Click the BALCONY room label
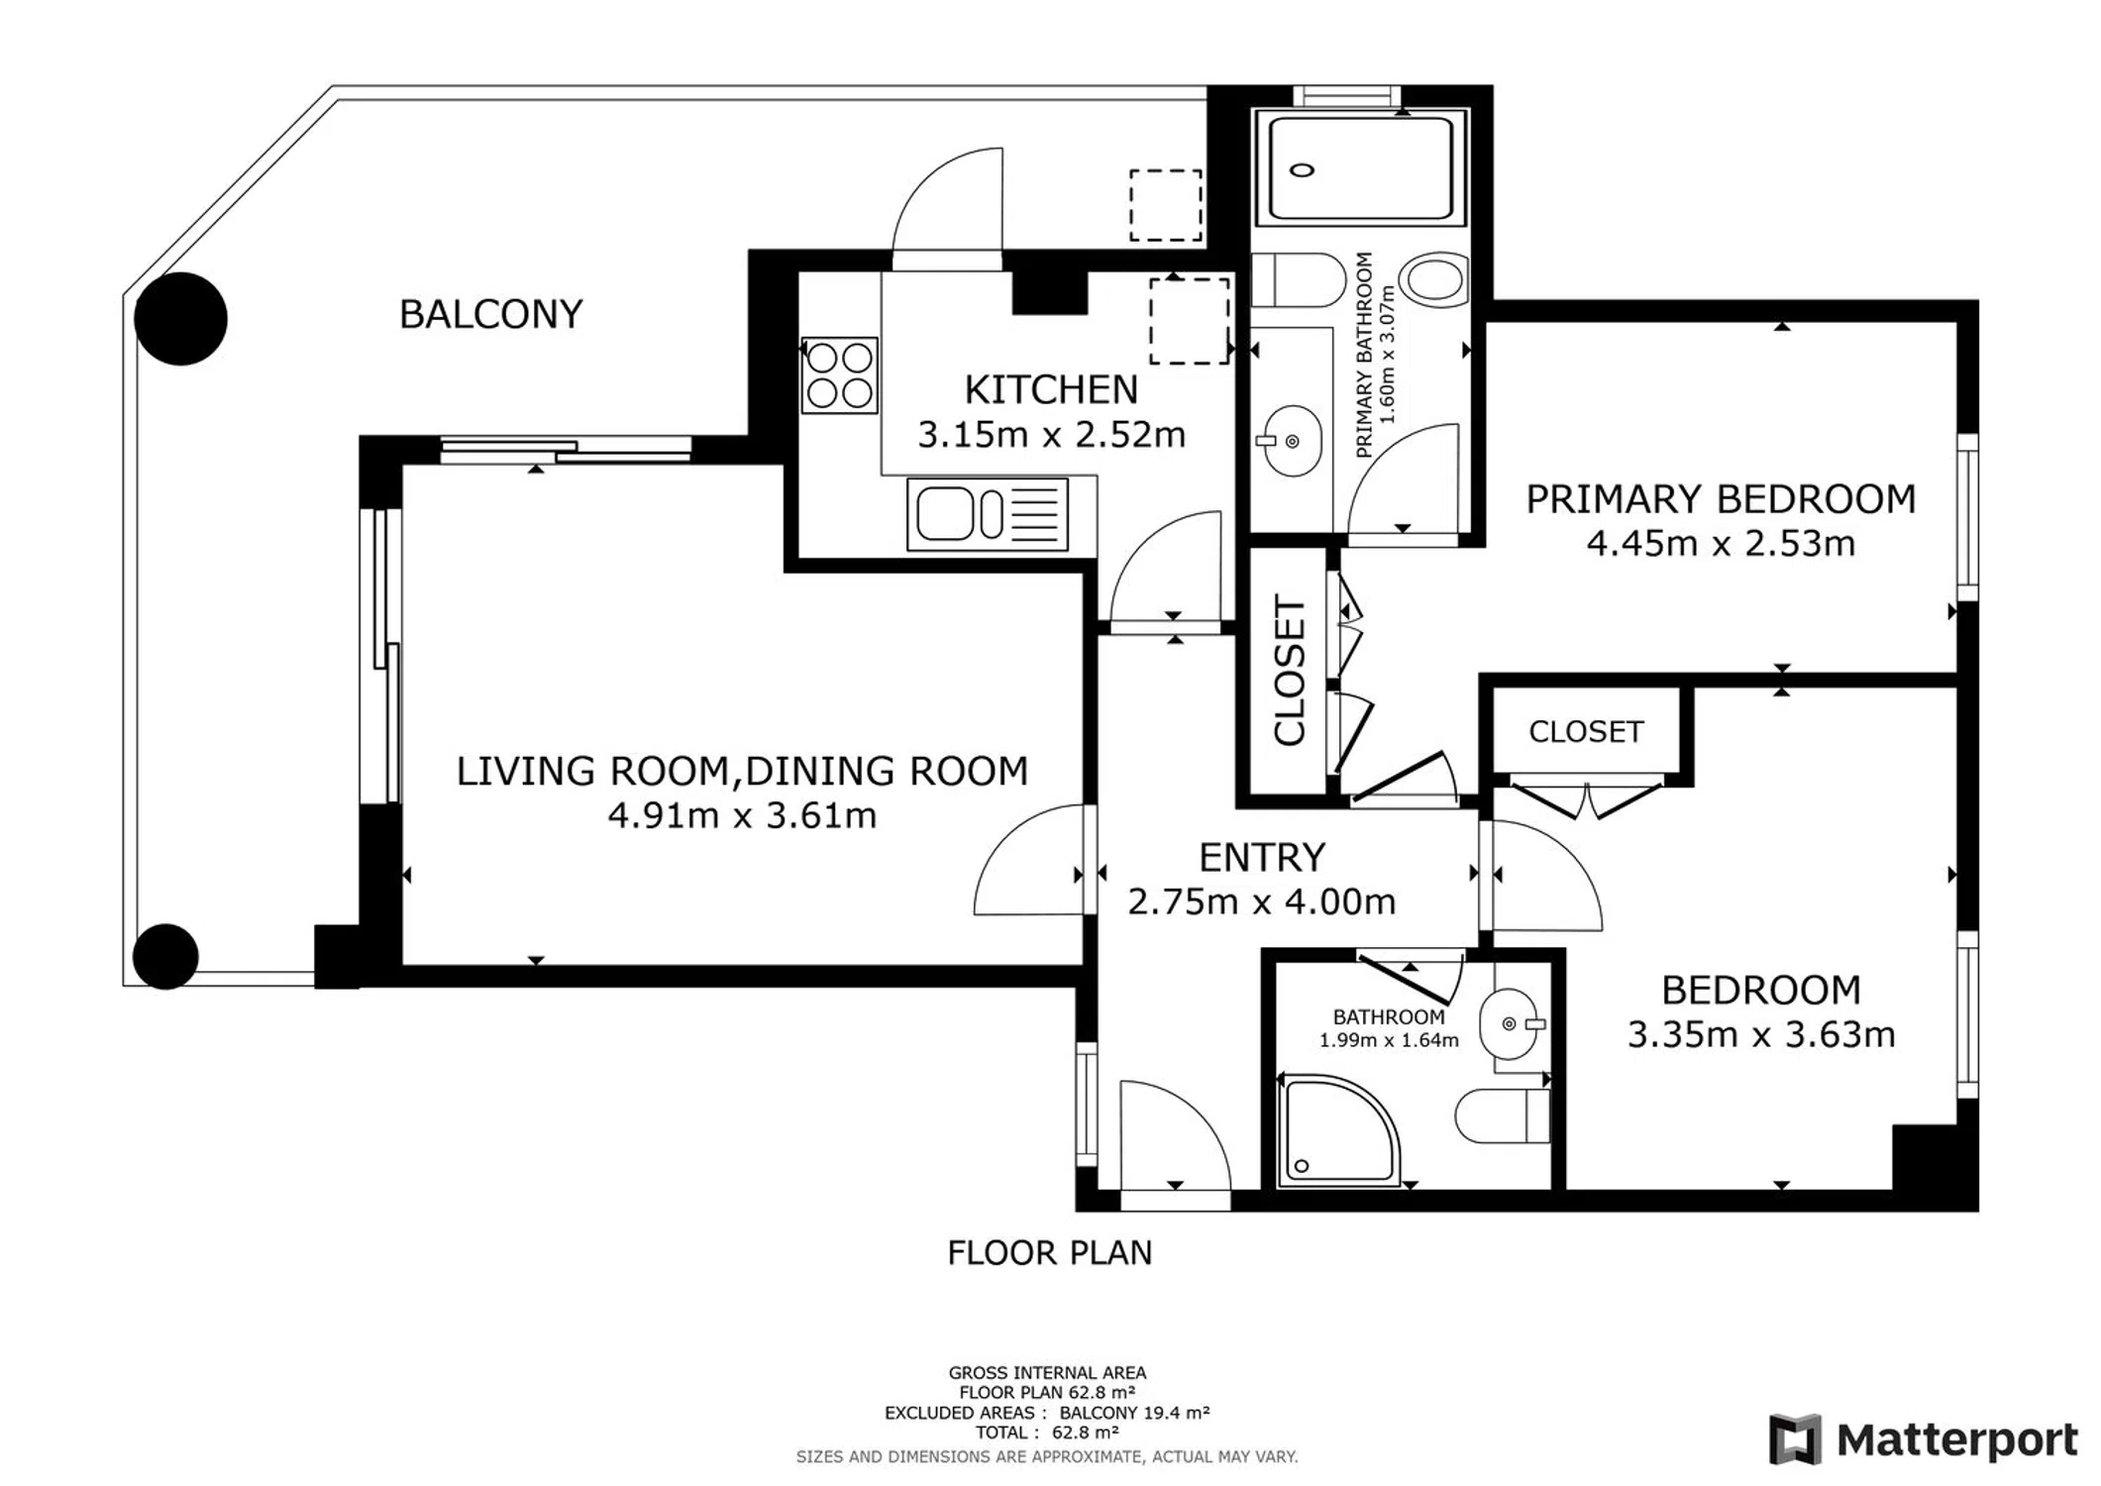point(490,314)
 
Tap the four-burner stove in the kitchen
point(840,374)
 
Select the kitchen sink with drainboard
point(988,514)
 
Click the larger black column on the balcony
point(180,319)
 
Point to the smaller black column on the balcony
point(165,956)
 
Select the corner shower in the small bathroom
point(1339,1130)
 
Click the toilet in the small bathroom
point(1503,1115)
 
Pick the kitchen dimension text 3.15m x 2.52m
point(1051,435)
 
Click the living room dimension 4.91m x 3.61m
point(742,815)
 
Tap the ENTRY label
point(1261,857)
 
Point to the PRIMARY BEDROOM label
point(1721,499)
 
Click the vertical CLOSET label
point(1290,670)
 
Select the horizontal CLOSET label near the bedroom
point(1586,731)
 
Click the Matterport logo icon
point(1795,1439)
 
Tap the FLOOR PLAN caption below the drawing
point(1050,1253)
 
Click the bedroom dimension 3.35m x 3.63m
point(1761,1034)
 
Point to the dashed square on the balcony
point(1166,205)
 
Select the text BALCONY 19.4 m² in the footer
point(1134,1413)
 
